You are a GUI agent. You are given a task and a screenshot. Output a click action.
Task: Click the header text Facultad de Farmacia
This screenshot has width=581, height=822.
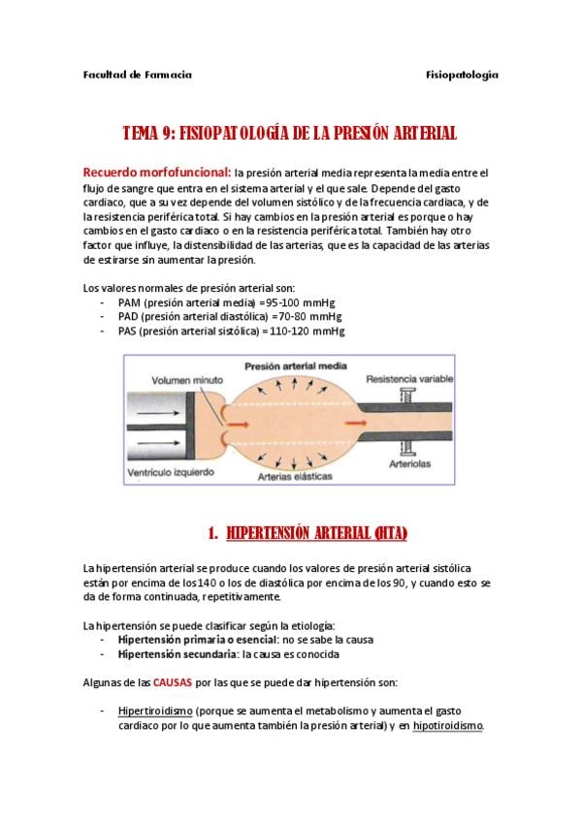point(138,75)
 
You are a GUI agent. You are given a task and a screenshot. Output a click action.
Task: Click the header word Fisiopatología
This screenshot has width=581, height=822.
point(462,76)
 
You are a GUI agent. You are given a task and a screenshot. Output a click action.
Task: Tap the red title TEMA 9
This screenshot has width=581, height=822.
point(148,133)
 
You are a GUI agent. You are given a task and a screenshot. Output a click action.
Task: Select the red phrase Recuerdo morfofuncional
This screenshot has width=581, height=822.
point(156,172)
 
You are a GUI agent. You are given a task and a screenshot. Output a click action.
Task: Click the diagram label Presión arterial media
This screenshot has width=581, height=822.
point(296,366)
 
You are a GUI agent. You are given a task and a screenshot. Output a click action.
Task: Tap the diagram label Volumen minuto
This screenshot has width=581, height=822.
point(187,380)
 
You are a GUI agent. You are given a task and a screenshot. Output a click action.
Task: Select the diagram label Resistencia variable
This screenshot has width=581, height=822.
point(409,378)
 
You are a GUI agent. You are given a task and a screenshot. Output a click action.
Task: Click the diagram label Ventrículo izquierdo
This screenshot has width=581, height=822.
point(171,472)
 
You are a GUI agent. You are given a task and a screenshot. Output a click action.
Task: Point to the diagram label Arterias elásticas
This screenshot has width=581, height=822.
point(295,477)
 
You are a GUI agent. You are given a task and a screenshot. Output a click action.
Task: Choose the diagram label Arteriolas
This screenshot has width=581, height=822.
point(409,464)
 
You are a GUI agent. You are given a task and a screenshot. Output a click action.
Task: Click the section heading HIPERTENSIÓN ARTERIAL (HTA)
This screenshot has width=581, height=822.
point(317,533)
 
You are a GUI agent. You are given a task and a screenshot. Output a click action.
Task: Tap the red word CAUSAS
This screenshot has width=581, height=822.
point(173,682)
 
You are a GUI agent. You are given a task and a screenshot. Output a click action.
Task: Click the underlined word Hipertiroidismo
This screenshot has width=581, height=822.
point(155,711)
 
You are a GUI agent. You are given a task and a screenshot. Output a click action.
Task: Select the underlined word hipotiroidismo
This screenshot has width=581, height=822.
point(448,726)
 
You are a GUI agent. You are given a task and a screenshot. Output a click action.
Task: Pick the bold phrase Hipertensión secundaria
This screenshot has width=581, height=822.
point(178,654)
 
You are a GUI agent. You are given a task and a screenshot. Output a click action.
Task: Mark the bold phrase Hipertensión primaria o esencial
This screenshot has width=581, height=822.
point(198,640)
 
